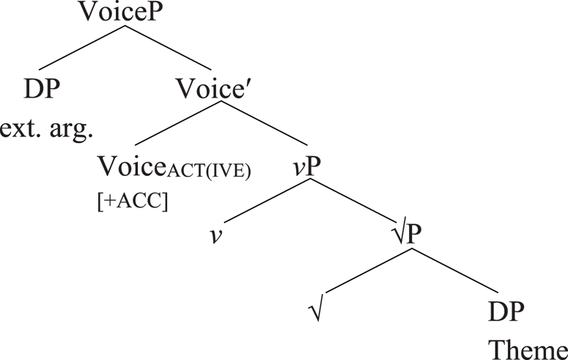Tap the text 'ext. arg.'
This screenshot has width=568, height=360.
[x=48, y=132]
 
